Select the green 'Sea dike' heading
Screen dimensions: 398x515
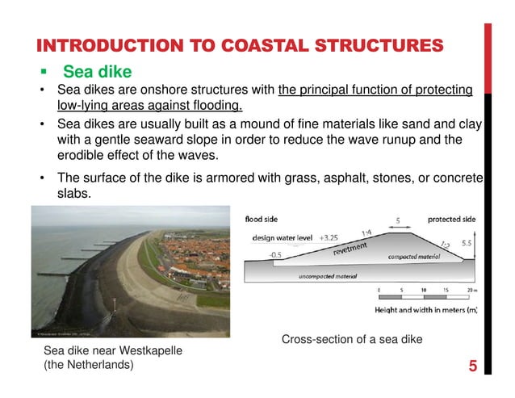click(97, 73)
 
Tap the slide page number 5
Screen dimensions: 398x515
click(471, 367)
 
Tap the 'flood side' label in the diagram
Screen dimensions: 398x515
click(262, 219)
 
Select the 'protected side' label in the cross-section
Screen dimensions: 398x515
click(451, 220)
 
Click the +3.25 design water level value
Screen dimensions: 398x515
click(329, 238)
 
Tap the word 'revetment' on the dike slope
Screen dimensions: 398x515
click(351, 247)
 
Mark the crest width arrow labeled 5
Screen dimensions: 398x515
click(397, 225)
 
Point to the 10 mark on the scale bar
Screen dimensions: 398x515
click(423, 291)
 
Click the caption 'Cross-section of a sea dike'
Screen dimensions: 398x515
click(351, 340)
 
